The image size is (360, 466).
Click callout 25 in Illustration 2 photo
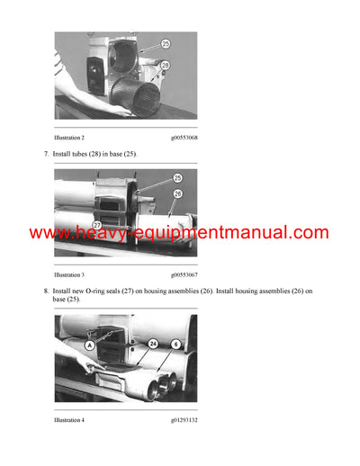pyautogui.click(x=166, y=43)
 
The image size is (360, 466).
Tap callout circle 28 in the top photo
pyautogui.click(x=166, y=65)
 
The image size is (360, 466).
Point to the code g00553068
pyautogui.click(x=184, y=138)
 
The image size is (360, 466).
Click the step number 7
pyautogui.click(x=45, y=155)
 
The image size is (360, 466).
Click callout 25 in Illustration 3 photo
pyautogui.click(x=176, y=178)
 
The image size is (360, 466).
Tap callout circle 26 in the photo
pyautogui.click(x=177, y=193)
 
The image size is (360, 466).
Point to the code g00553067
pyautogui.click(x=184, y=274)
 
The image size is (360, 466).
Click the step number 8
pyautogui.click(x=45, y=291)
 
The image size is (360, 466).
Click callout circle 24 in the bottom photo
pyautogui.click(x=153, y=343)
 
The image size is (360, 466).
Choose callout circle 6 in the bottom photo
pyautogui.click(x=176, y=343)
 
